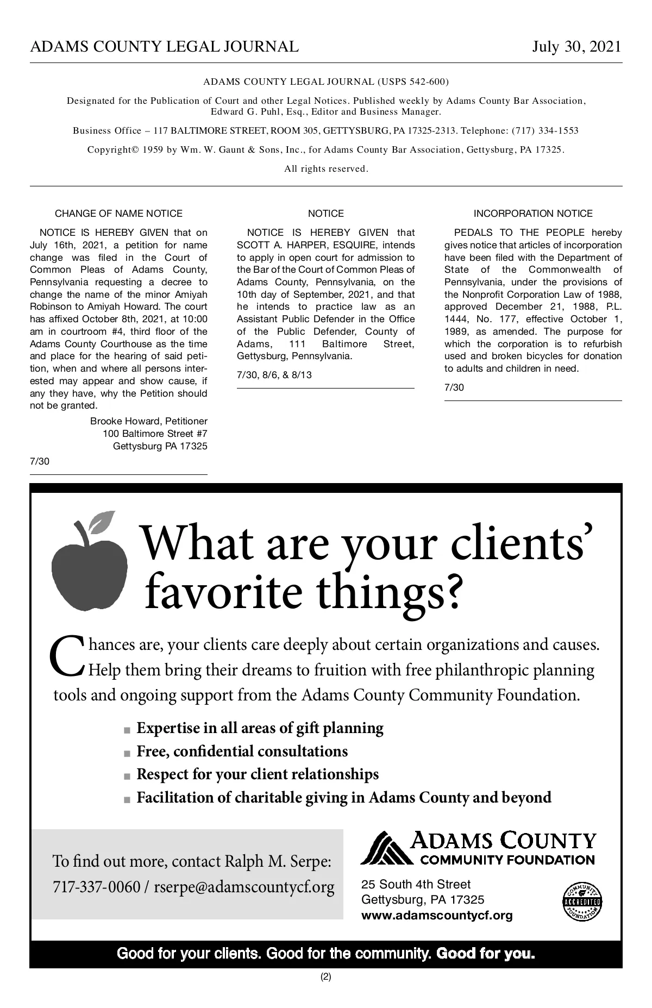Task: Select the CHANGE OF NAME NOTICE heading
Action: click(x=118, y=214)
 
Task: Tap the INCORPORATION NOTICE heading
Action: click(x=533, y=214)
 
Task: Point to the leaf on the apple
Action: click(x=102, y=522)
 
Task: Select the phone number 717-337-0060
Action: click(x=96, y=887)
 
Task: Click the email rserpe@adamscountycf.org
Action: click(x=244, y=887)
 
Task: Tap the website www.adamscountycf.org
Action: click(x=437, y=915)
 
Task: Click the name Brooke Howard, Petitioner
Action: click(x=148, y=421)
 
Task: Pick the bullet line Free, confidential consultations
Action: click(x=242, y=752)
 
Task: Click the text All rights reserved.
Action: click(x=326, y=168)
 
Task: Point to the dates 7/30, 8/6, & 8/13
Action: click(x=274, y=375)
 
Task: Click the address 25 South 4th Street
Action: click(x=416, y=884)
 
